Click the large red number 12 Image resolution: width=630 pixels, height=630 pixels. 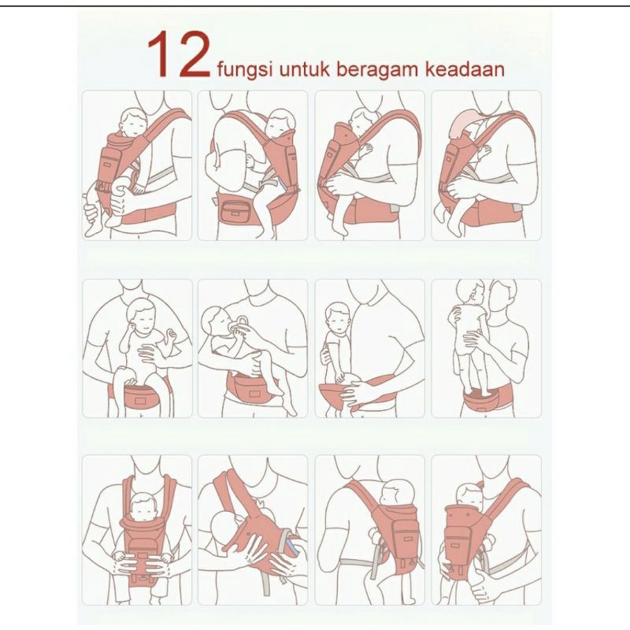tap(180, 54)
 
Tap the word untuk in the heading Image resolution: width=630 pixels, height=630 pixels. tap(304, 69)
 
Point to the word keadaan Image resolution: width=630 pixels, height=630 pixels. tap(465, 69)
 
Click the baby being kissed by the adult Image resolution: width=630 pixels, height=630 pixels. tap(470, 338)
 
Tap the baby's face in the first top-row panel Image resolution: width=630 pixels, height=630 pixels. tap(135, 125)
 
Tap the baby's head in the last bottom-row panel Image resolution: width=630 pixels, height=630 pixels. tap(469, 495)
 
